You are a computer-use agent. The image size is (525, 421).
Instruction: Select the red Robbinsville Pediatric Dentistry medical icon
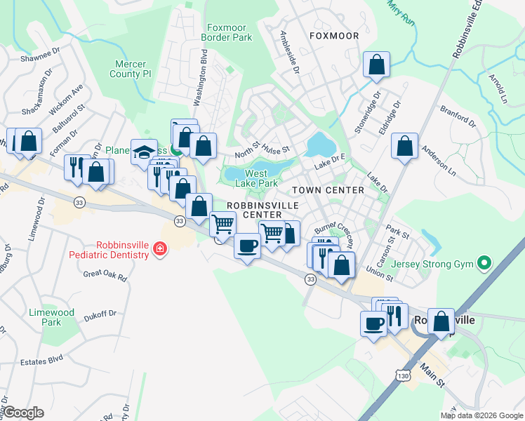tap(160, 248)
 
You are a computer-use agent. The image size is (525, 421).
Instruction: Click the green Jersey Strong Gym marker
tap(483, 264)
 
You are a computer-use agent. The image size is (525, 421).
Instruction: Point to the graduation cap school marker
tap(144, 152)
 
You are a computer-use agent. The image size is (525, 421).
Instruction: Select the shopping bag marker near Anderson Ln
tap(405, 147)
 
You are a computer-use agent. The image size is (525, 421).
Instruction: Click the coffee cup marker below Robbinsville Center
tap(246, 246)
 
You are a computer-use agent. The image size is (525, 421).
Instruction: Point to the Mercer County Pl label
tap(133, 68)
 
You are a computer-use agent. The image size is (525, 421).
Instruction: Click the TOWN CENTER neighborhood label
tap(328, 190)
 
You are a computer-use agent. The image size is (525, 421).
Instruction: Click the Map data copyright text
tap(481, 415)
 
